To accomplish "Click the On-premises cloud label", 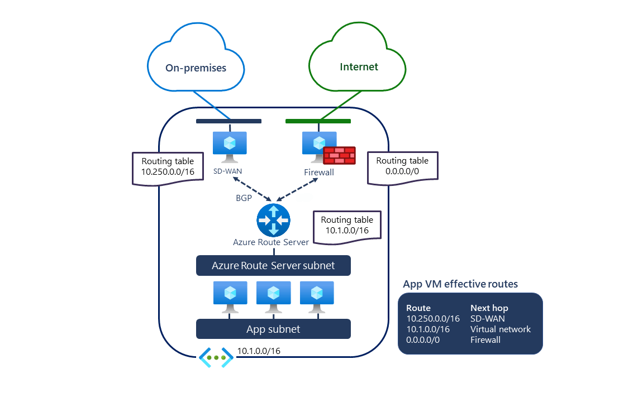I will point(196,68).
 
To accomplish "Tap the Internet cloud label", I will point(359,67).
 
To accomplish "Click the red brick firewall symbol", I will point(339,155).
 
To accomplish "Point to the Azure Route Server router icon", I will point(273,219).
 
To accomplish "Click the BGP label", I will point(244,198).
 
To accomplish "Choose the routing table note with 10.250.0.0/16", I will point(167,167).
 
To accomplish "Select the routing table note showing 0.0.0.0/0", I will point(402,166).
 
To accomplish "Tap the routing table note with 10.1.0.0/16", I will point(347,226).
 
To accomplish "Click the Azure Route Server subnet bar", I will point(273,266).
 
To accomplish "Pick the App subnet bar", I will point(273,329).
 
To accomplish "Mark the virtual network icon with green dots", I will point(216,357).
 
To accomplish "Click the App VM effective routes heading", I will point(460,284).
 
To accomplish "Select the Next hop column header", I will point(489,308).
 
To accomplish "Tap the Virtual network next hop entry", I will point(501,329).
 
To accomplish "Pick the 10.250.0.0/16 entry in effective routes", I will point(433,318).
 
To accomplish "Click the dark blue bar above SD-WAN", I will point(228,121).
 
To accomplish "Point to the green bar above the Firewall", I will point(318,121).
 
